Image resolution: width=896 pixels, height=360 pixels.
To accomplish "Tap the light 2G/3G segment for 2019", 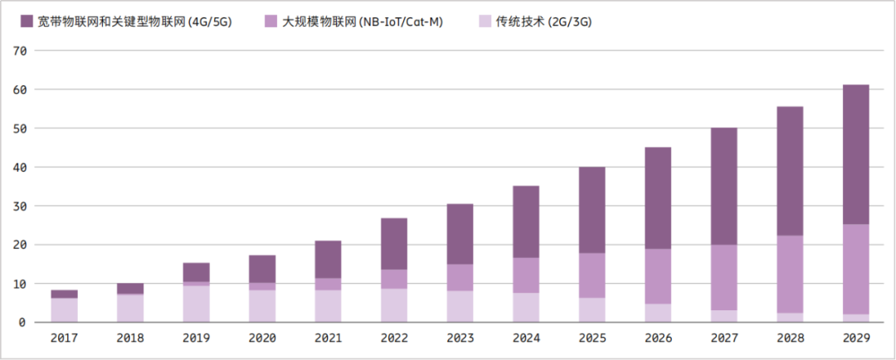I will pos(197,304).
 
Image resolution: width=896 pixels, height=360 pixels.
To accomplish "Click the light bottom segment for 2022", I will pos(393,305).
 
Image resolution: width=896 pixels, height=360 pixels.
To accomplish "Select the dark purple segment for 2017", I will pos(64,294).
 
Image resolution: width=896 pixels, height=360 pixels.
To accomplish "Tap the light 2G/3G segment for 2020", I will pos(261,305).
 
